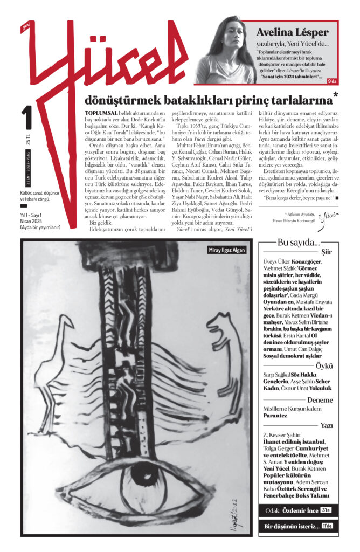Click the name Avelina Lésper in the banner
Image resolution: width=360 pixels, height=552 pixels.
point(296,32)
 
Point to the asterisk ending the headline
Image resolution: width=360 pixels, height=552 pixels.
point(336,96)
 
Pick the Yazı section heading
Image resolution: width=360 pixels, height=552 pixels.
point(326,425)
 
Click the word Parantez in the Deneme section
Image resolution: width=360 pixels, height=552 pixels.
point(279,416)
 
